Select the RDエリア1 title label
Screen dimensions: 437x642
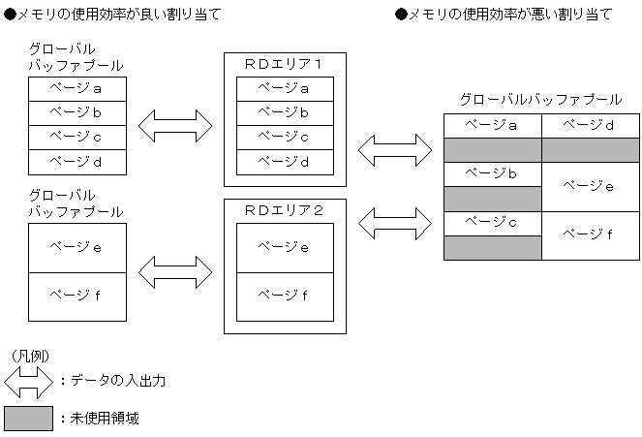[284, 64]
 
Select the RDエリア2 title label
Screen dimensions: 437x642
[284, 208]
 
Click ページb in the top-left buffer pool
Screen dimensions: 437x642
[76, 112]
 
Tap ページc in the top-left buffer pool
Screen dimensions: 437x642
[76, 137]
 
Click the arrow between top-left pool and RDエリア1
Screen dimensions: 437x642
[175, 124]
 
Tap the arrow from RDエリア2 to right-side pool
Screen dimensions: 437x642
[394, 222]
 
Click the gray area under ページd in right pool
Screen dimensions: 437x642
[591, 149]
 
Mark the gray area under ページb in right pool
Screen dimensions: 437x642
[492, 199]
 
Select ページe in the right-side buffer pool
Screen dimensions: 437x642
[591, 186]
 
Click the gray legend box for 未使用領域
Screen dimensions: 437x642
[28, 419]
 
